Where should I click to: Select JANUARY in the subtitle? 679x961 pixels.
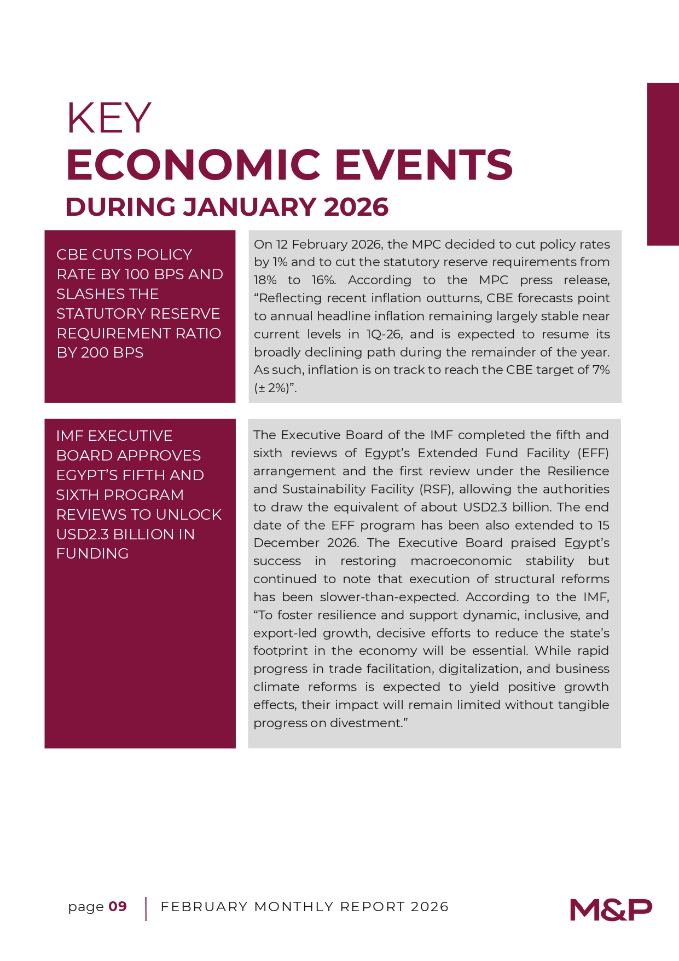(249, 207)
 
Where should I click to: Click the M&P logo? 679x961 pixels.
(611, 910)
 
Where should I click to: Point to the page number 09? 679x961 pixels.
(118, 907)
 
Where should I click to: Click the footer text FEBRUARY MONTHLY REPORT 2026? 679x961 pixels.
(304, 907)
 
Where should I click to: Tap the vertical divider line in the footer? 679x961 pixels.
(146, 909)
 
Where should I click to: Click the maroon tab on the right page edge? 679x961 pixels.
(663, 164)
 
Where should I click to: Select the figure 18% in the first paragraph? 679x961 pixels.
(265, 280)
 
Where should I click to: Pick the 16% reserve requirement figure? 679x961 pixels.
(323, 280)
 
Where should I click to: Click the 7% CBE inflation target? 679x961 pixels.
(601, 370)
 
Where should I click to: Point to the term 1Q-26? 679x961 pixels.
(384, 335)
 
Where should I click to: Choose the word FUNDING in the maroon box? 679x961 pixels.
(92, 554)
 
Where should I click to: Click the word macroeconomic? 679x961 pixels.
(461, 561)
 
